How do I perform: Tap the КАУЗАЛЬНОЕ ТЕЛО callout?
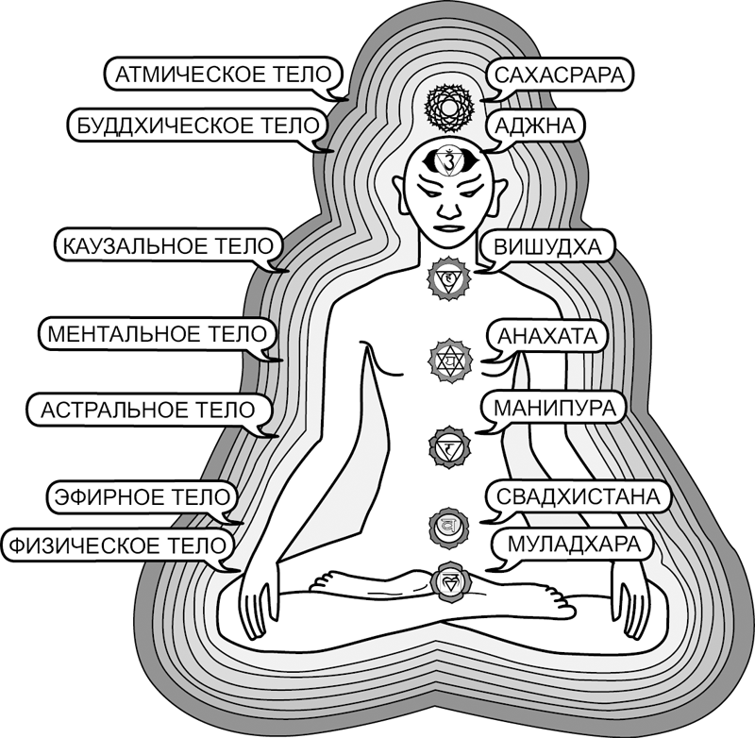169,247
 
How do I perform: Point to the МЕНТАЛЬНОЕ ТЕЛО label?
158,334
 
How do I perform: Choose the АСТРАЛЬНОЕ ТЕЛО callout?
148,411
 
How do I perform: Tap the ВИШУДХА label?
547,247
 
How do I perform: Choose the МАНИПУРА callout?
553,408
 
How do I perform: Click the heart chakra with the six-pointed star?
448,359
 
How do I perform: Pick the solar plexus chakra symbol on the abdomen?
448,444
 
